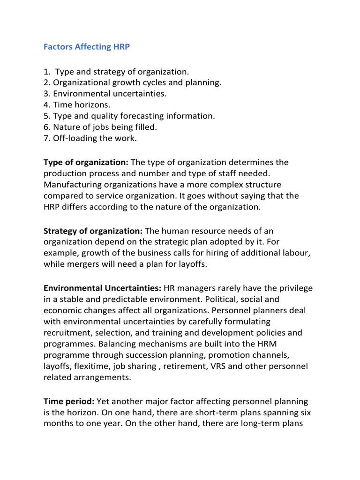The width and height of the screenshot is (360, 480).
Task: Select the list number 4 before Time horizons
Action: (x=46, y=105)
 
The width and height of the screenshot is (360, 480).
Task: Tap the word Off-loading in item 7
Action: (x=73, y=139)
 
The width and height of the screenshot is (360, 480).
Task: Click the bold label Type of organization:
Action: (x=86, y=162)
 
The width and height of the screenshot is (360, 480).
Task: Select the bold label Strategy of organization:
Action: (x=93, y=231)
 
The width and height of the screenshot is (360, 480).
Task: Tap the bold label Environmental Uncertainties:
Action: (x=103, y=287)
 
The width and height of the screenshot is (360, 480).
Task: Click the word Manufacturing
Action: (x=75, y=185)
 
